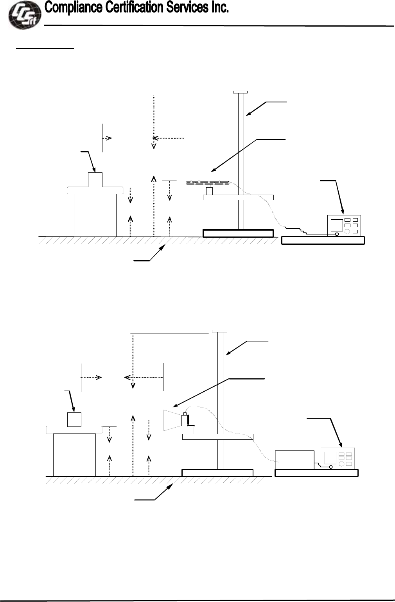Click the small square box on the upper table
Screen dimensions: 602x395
pyautogui.click(x=95, y=180)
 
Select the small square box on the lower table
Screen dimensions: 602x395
pyautogui.click(x=74, y=419)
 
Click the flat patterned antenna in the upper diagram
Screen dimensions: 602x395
pyautogui.click(x=207, y=183)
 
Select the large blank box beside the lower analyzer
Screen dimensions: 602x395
pyautogui.click(x=294, y=460)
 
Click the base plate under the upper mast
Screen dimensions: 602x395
pyautogui.click(x=238, y=233)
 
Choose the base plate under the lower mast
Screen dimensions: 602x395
pyautogui.click(x=217, y=473)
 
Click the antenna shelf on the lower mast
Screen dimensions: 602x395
pyautogui.click(x=218, y=437)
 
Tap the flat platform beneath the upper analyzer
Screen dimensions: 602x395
pyautogui.click(x=323, y=240)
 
